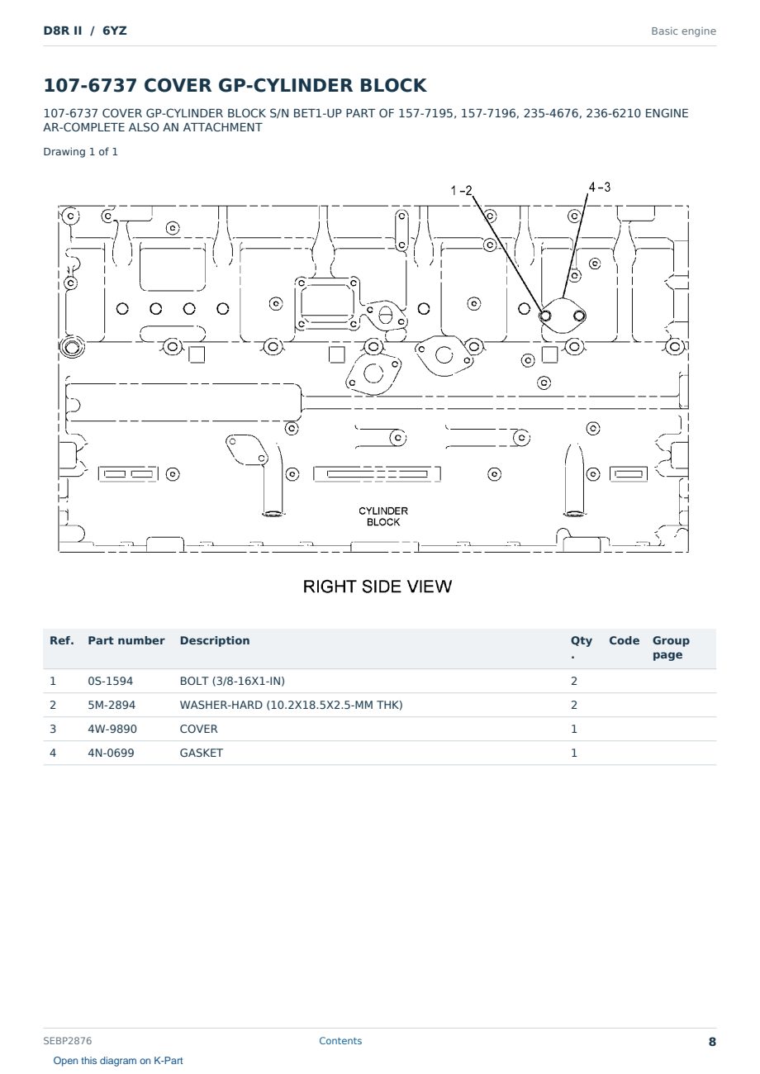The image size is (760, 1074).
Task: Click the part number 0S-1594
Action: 111,681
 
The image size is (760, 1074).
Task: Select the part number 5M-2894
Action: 112,705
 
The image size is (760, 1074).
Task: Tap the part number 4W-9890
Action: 112,729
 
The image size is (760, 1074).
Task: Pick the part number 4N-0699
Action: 111,753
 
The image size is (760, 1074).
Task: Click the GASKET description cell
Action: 202,753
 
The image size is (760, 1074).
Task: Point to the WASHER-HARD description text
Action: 291,705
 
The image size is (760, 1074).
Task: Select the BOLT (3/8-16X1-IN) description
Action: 232,681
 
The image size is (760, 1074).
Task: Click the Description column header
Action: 215,640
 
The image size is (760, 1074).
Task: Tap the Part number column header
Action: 126,640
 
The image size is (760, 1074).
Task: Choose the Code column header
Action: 624,640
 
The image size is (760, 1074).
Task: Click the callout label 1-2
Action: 461,191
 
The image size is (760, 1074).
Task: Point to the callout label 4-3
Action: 600,187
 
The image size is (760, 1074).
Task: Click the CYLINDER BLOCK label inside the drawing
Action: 383,516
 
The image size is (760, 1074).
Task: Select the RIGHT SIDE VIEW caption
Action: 378,587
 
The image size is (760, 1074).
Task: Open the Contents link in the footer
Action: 340,1040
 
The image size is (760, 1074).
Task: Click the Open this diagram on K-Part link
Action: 118,1061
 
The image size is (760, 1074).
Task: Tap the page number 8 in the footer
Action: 712,1042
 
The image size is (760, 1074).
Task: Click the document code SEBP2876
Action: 67,1040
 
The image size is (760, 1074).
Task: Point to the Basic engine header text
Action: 683,31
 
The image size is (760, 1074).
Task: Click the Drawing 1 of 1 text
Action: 81,152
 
